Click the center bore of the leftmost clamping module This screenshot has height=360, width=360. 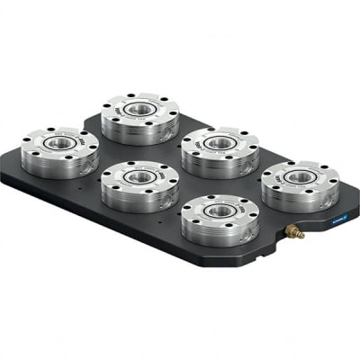[59, 143]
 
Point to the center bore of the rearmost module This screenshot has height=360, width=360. [139, 109]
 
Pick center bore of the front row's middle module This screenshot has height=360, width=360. [139, 177]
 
